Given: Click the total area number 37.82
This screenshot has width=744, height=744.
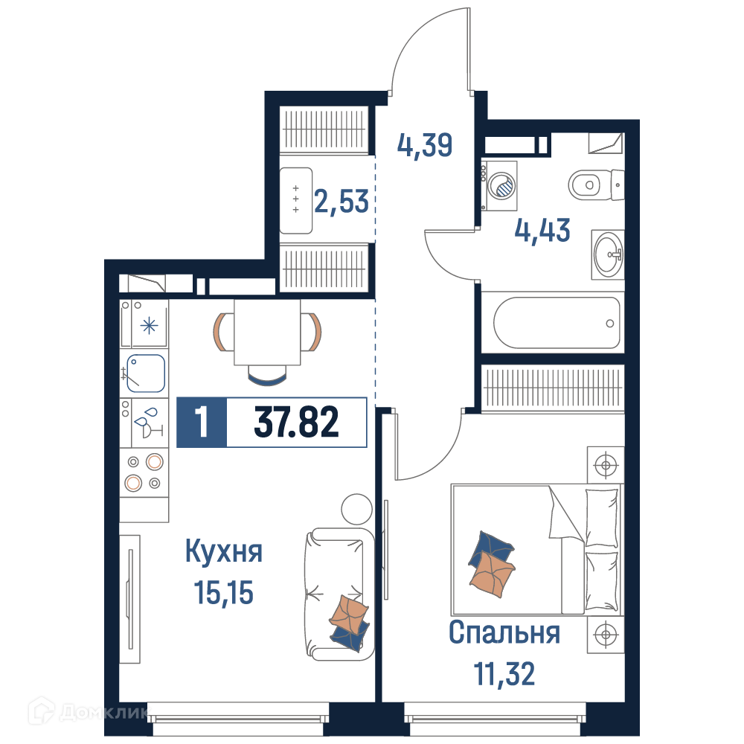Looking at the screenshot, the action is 297,422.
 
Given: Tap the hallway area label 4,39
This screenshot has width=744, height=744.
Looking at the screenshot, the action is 425,145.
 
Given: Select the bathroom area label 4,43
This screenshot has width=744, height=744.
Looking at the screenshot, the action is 542,231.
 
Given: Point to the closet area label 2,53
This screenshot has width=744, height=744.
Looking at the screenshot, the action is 341,202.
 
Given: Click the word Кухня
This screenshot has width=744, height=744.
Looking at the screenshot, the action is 223,551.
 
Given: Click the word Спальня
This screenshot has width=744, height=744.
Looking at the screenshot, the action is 504,632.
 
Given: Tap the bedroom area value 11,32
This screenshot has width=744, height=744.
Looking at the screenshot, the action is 504,674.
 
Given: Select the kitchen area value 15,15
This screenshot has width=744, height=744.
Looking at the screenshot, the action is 223,593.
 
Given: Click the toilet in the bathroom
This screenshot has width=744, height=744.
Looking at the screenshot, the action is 595,185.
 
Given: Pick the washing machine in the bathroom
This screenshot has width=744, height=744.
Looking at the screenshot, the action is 499,185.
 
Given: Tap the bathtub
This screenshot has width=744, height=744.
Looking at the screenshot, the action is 557,323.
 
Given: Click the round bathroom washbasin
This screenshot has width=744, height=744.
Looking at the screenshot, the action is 608,254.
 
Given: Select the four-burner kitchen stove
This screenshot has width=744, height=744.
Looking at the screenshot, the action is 144,472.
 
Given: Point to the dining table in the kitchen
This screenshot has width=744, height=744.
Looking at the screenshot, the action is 267,332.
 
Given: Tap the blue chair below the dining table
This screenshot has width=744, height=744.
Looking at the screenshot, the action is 267,375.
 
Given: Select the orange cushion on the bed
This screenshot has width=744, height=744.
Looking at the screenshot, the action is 492,574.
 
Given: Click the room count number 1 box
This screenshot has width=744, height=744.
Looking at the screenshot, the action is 202,423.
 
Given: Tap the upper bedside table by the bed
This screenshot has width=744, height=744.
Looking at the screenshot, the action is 606,464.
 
